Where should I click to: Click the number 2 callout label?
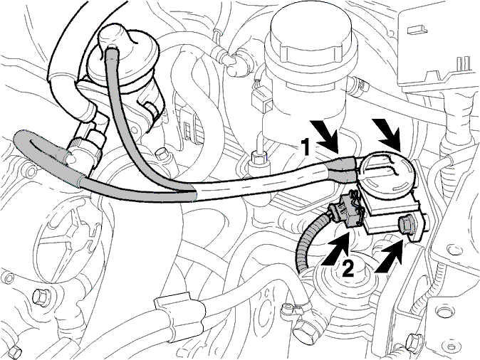pyautogui.click(x=348, y=268)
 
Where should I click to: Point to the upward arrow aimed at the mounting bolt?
pyautogui.click(x=389, y=256)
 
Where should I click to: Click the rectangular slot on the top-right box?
pyautogui.click(x=415, y=29)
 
